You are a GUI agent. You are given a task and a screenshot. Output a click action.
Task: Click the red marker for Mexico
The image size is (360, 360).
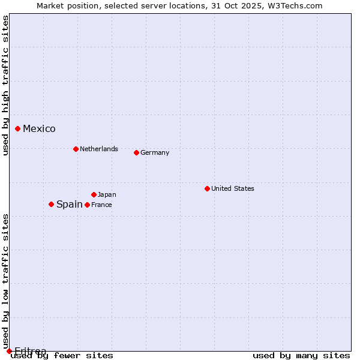pos(18,128)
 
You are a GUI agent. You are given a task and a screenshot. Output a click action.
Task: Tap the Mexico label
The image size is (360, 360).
pos(39,129)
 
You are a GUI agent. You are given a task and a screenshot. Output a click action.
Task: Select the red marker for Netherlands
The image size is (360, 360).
pos(76,149)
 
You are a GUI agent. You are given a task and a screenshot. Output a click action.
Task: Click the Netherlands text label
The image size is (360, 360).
pos(99,149)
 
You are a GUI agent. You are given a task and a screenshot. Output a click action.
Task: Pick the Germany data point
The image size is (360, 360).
pos(136,152)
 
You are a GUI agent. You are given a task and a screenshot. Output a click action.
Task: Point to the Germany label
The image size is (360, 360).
pos(155,152)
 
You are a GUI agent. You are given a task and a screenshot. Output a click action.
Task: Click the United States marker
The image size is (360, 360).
pos(207,188)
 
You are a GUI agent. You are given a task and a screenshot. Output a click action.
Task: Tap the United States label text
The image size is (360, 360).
pos(233,188)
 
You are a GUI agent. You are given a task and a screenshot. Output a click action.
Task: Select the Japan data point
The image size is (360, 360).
pos(94,194)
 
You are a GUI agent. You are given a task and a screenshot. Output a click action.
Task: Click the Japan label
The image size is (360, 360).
pos(107,194)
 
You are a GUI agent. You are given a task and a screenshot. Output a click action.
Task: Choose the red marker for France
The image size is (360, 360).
pos(87,205)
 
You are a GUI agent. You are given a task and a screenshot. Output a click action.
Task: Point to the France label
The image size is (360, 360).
pos(101,205)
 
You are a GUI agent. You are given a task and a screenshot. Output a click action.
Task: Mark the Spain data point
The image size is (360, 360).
pos(51,204)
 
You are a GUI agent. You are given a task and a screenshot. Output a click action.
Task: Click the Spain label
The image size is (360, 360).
pos(70,204)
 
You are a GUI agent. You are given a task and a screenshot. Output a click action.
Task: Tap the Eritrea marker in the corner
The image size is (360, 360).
pos(9,351)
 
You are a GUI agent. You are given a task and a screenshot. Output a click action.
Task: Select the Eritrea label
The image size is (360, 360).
pos(30,351)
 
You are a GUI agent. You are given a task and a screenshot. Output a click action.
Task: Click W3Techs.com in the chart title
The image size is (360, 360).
pos(295,6)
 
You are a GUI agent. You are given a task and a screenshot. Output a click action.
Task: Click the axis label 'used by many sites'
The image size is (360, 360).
pos(301,355)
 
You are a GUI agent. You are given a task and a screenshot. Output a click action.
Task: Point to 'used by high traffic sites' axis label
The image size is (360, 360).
pos(6,85)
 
